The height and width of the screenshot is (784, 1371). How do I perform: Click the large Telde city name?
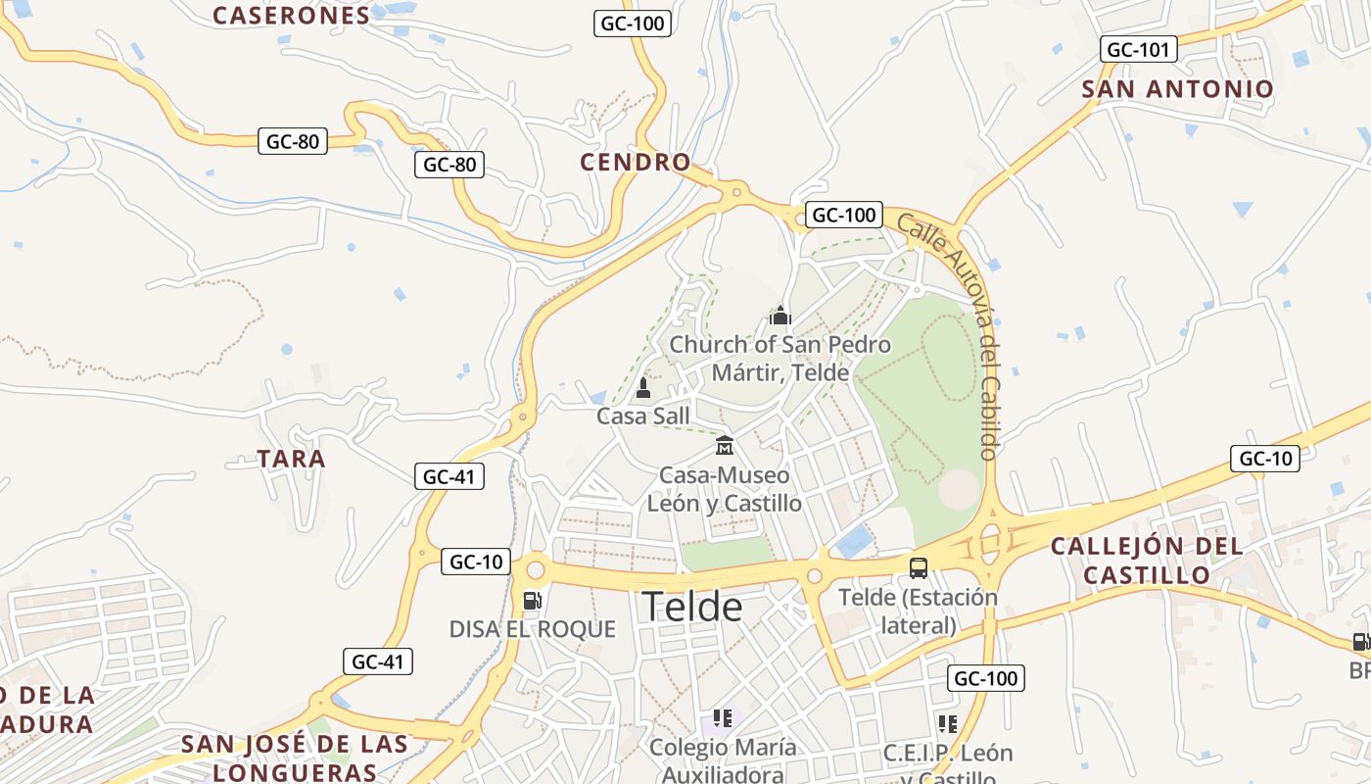(691, 608)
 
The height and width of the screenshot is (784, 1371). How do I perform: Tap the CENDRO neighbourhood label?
(635, 162)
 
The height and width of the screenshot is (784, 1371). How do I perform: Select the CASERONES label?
(291, 15)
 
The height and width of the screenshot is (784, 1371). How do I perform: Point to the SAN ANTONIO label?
(1177, 89)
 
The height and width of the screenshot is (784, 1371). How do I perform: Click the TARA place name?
(291, 459)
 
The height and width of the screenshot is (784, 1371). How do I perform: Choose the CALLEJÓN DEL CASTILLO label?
(1147, 561)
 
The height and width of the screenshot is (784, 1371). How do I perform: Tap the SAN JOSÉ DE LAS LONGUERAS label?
(294, 758)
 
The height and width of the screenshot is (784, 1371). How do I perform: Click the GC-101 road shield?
(1138, 49)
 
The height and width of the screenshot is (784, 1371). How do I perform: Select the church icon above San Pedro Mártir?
(780, 316)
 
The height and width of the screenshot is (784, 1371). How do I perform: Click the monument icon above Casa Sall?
(643, 388)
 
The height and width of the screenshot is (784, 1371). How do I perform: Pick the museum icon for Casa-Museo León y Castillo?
(725, 446)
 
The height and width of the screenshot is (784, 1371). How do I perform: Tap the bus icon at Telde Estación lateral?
(919, 567)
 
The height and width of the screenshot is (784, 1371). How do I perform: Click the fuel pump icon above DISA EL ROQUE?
(532, 600)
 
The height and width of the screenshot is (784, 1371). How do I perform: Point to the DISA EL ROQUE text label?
(532, 629)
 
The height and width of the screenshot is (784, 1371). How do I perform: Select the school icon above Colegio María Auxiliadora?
(723, 718)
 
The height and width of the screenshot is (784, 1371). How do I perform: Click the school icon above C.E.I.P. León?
(947, 724)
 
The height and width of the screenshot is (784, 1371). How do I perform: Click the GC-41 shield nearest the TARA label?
(449, 477)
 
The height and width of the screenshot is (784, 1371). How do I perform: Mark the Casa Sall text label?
(643, 416)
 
